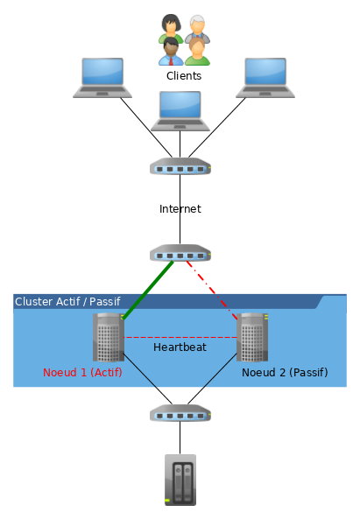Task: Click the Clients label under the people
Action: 184,76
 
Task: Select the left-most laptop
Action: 102,77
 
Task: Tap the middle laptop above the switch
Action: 180,110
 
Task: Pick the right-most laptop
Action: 265,77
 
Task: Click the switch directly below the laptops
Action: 180,167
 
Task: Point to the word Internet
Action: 180,209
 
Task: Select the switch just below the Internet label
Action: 180,254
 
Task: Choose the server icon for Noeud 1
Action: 109,337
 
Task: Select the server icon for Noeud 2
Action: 252,337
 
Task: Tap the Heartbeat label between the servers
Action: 180,347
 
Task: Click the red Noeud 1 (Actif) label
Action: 82,373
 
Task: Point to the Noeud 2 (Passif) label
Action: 284,373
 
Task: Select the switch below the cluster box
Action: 180,412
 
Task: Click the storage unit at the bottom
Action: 180,480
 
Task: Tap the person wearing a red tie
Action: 170,51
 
